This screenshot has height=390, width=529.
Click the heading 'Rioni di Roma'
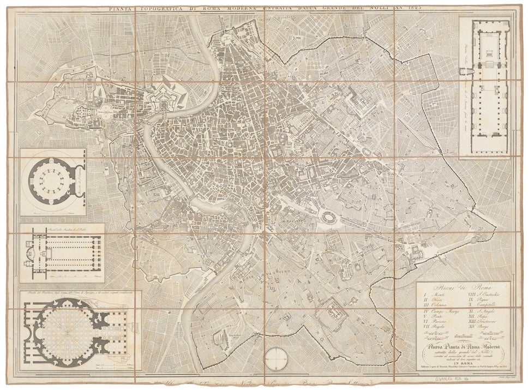click(x=463, y=288)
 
